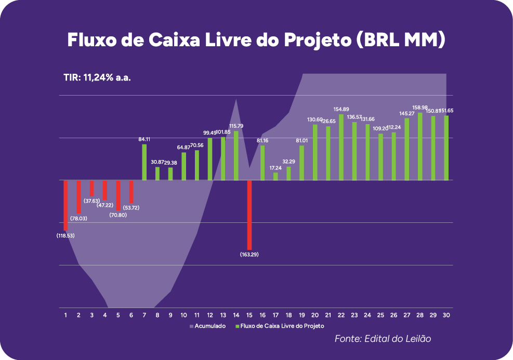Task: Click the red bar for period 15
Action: coord(249,215)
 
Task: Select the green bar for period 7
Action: coord(144,162)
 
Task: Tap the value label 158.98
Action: coord(420,108)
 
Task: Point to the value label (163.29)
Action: coord(249,255)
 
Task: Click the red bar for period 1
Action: coord(66,205)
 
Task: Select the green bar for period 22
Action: coord(341,147)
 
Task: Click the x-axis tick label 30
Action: coord(446,315)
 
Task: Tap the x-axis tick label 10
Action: coord(183,315)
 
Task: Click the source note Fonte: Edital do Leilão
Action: coord(383,339)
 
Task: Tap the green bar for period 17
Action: coord(275,176)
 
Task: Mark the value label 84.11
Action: coord(144,139)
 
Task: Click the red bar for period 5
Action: coord(119,195)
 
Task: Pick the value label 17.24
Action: coord(275,168)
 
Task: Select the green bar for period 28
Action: coord(420,146)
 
